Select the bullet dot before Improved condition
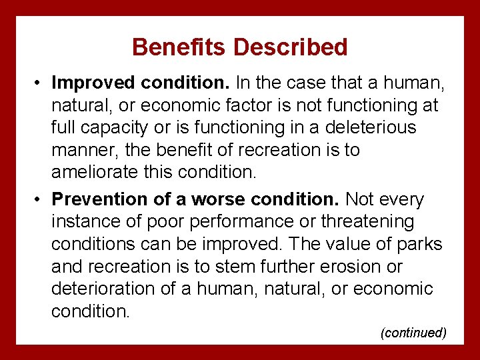click(x=41, y=83)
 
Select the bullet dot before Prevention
click(x=41, y=199)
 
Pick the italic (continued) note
click(x=413, y=333)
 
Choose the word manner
click(x=83, y=150)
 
